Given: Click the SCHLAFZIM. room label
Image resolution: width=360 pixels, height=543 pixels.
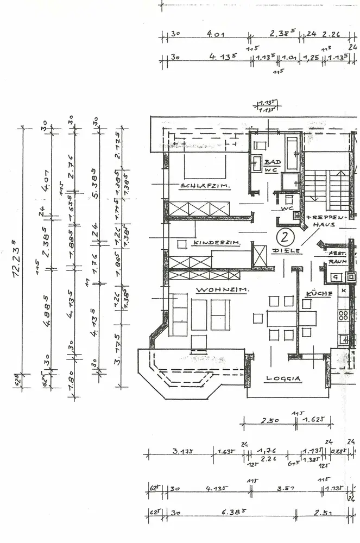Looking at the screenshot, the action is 205,186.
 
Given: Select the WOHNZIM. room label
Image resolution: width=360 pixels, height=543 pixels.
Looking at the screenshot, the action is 222,290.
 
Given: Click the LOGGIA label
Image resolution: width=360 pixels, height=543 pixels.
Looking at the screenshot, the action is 283,378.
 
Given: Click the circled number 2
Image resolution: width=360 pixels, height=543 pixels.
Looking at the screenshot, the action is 283,237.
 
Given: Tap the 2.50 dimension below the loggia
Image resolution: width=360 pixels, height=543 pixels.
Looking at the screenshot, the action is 267,420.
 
